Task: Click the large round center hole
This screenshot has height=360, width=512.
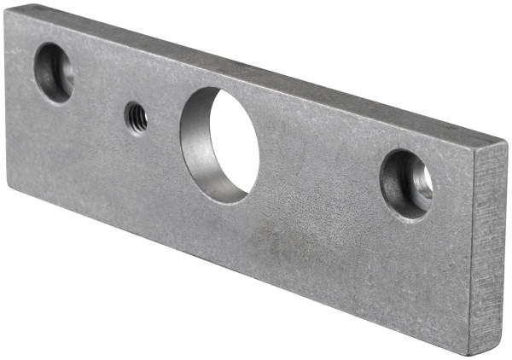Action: click(219, 144)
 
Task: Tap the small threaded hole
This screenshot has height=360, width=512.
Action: click(137, 117)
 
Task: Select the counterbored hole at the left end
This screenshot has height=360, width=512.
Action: click(54, 72)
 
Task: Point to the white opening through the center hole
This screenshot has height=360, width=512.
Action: click(234, 141)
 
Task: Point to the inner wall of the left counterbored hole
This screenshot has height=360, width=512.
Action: click(44, 73)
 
